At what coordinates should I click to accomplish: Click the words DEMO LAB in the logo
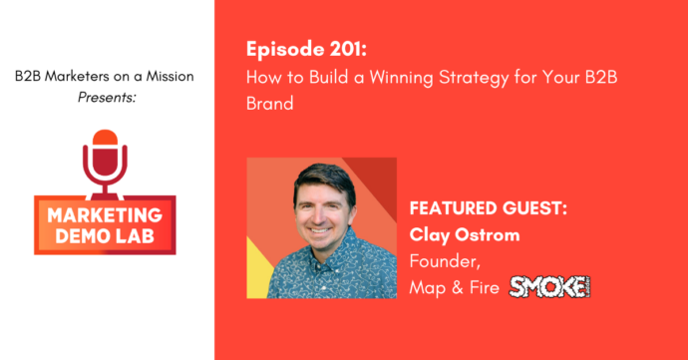108,235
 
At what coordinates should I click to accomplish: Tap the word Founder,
441,263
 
